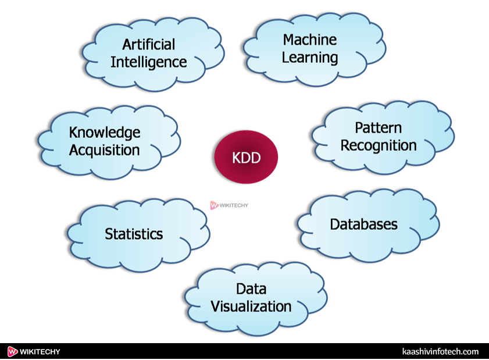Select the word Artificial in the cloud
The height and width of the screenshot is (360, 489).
pyautogui.click(x=148, y=44)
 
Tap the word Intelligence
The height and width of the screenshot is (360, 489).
pyautogui.click(x=148, y=62)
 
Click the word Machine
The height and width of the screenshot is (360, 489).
pyautogui.click(x=309, y=40)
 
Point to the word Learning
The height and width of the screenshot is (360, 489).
pyautogui.click(x=309, y=58)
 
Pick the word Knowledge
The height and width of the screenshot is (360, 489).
pyautogui.click(x=105, y=133)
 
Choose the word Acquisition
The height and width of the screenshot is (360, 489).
pyautogui.click(x=105, y=150)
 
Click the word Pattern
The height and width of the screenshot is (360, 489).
pyautogui.click(x=378, y=127)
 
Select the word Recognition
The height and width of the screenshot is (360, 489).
pyautogui.click(x=378, y=145)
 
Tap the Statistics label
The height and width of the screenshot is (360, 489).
pyautogui.click(x=134, y=234)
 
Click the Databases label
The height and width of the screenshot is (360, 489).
pyautogui.click(x=364, y=224)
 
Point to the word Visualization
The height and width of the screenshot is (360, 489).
pyautogui.click(x=251, y=306)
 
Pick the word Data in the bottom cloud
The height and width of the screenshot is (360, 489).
pyautogui.click(x=251, y=289)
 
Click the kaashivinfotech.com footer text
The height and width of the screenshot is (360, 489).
pyautogui.click(x=440, y=352)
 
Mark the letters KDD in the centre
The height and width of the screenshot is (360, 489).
pyautogui.click(x=246, y=158)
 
